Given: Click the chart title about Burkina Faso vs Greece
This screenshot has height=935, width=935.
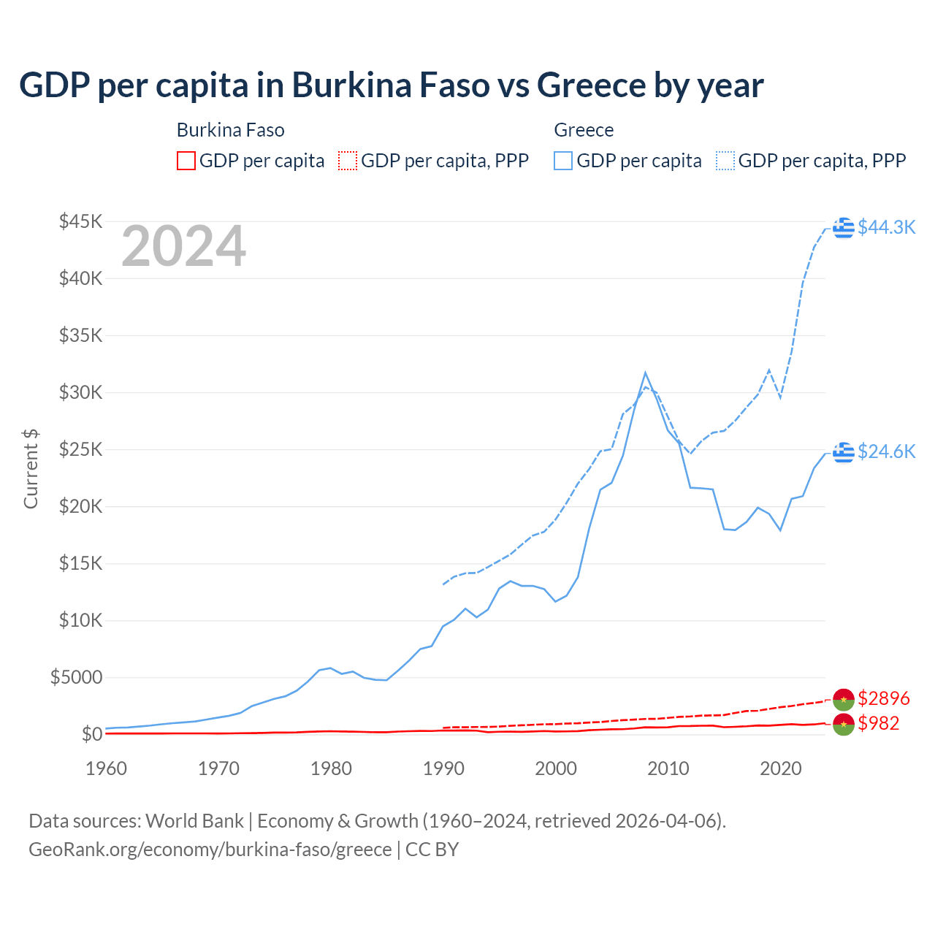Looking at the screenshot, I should coord(391,85).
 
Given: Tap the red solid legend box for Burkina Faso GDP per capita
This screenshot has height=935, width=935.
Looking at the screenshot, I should coord(186,161).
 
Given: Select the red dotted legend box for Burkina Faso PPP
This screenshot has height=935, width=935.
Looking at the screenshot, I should coord(348,161).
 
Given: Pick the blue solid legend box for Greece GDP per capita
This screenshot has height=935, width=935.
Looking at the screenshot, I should coord(563,161).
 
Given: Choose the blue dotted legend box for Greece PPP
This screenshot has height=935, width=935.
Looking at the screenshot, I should coord(725,161).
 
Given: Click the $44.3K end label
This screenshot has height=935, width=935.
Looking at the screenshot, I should coord(886,227).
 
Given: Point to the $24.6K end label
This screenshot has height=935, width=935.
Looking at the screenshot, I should coord(886,451).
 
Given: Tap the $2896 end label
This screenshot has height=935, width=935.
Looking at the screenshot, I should coord(884,698).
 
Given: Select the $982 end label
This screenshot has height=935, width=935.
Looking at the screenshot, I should coord(879,723).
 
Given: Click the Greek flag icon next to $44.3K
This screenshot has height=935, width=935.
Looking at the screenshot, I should coord(844,228).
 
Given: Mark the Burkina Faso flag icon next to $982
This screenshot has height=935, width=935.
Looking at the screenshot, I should coord(844,725).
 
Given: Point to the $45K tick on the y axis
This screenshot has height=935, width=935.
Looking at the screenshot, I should coord(81,221).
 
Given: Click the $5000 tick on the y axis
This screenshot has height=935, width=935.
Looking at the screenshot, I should coord(76,677).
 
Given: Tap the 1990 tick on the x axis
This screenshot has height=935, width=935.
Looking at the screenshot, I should coord(443,768).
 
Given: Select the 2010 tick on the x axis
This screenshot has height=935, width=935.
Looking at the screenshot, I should coord(668,768).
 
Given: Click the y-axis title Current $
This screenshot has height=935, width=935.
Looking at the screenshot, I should coord(31,469).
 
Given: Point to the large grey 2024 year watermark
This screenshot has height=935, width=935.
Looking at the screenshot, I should coord(183,247).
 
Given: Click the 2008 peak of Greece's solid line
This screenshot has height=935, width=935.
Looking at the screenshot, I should coord(645,373).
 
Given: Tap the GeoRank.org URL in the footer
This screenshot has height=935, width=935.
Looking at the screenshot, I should coord(210,850).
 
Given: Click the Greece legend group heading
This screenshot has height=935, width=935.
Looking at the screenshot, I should coord(584,130).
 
